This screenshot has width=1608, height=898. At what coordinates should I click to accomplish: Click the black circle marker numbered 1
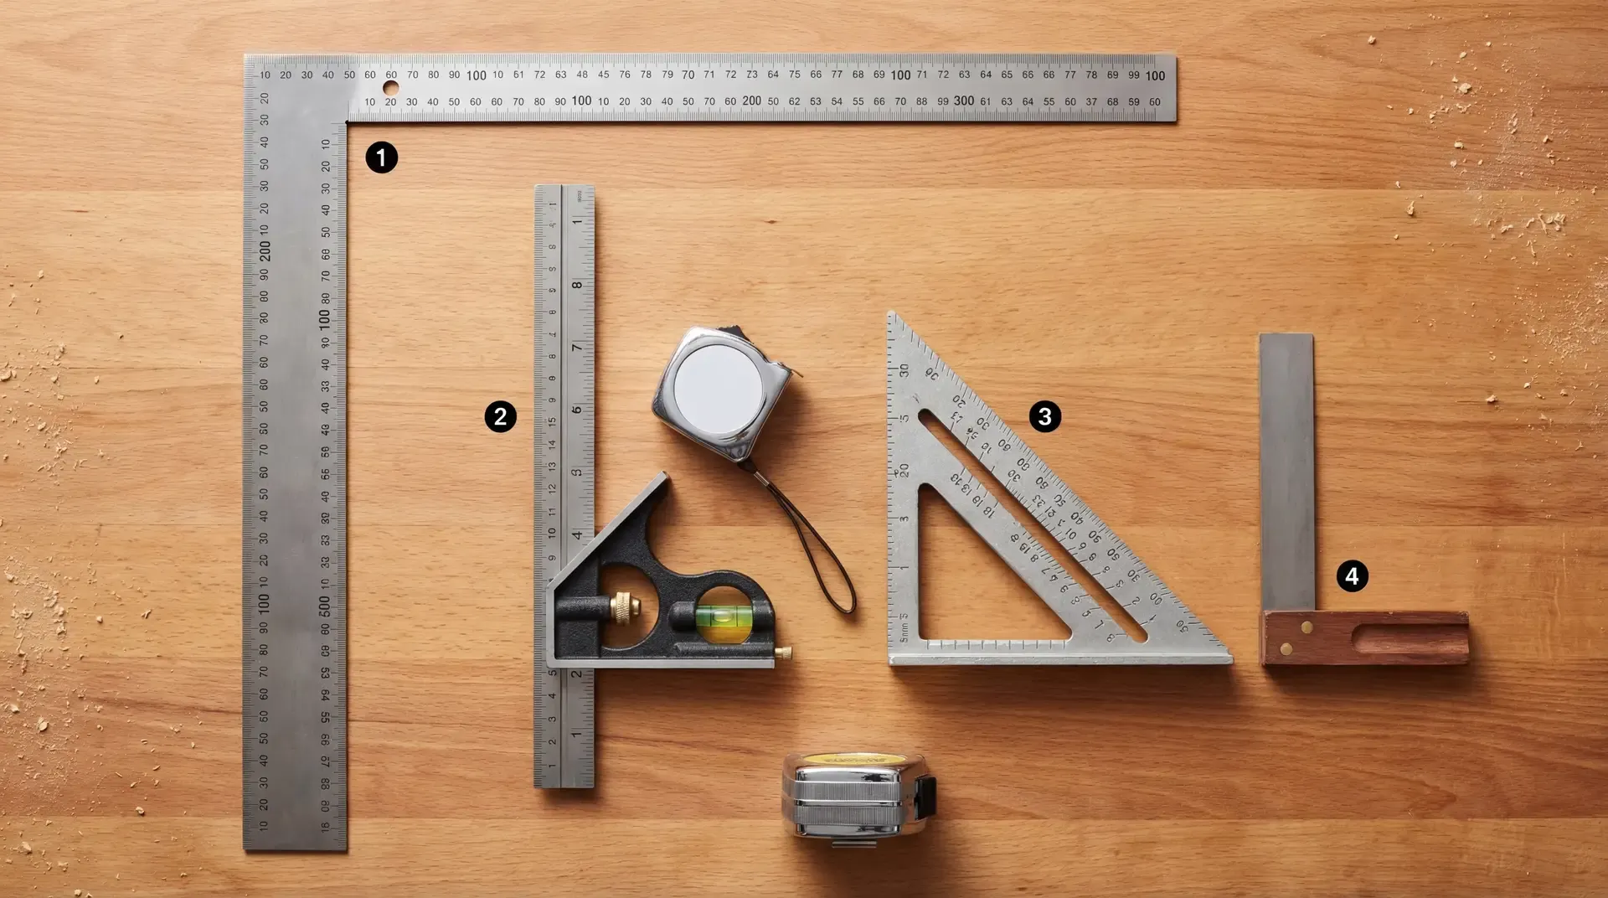point(381,157)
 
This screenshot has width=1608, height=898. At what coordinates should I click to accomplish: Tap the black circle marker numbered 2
point(500,416)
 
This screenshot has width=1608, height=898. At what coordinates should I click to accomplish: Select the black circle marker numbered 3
point(1044,416)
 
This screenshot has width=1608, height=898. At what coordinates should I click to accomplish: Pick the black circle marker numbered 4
point(1352,576)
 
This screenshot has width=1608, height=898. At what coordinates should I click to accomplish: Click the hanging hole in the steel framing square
point(390,88)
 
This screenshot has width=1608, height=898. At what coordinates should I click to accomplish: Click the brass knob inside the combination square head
point(624,604)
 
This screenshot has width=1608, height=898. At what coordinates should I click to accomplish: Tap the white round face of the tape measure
point(719,388)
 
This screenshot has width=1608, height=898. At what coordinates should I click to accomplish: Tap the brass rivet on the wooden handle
point(1306,627)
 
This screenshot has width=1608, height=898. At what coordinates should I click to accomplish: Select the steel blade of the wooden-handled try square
point(1286,469)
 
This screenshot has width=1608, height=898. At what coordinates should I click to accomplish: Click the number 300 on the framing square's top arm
point(963,101)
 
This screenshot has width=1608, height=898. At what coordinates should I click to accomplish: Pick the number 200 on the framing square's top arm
point(751,101)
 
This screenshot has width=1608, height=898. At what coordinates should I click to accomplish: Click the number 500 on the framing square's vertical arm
point(325,605)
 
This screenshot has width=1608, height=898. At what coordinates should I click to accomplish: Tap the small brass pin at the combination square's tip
point(785,653)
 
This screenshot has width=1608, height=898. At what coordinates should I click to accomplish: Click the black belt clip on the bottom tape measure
point(925,797)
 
